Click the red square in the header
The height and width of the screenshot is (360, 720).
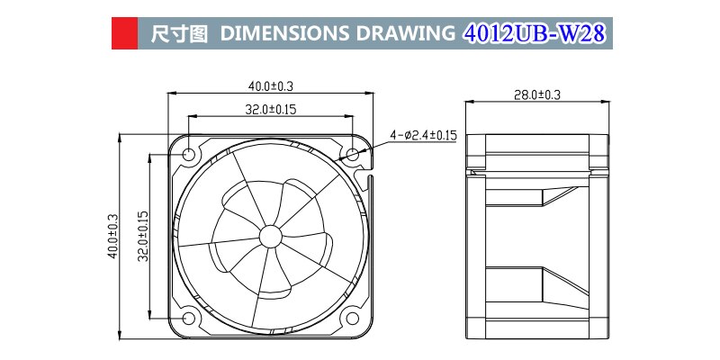click(x=123, y=34)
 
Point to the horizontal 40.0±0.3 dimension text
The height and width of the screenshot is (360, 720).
click(x=272, y=86)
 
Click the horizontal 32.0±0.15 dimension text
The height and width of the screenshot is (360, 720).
click(x=272, y=110)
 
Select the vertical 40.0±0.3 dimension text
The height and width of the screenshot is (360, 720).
click(x=112, y=236)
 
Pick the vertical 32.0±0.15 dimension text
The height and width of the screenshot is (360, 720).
click(x=141, y=236)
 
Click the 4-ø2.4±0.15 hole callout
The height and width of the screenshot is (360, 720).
click(x=423, y=135)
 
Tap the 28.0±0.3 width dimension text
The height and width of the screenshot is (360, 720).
click(x=537, y=94)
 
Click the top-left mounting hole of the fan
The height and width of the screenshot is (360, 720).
click(x=189, y=156)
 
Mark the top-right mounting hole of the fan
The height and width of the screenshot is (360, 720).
click(x=352, y=156)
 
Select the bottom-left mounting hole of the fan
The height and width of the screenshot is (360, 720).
click(x=189, y=318)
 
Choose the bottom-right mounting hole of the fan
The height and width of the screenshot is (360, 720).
click(x=352, y=318)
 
